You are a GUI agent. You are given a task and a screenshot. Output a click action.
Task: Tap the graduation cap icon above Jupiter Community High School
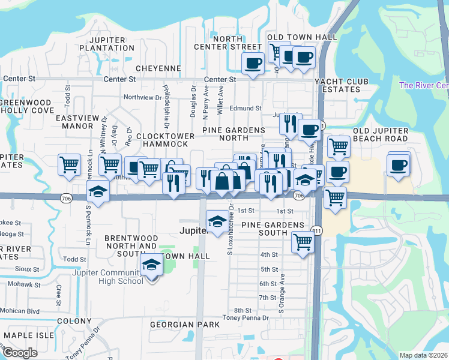click(152, 265)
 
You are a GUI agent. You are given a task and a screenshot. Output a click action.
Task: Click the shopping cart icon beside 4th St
click(303, 242)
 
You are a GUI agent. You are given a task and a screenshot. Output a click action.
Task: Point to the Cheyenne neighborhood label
click(158, 68)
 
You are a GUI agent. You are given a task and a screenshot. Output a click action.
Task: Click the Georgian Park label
click(185, 325)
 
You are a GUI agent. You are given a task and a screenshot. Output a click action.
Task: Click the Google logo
click(20, 353)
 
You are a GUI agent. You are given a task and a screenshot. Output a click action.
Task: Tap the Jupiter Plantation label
click(110, 44)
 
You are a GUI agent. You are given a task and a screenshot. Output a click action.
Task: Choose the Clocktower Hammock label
click(166, 140)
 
